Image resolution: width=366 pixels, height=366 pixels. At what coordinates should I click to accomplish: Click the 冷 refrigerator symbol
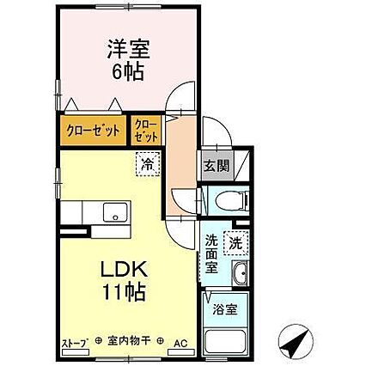[x=148, y=161]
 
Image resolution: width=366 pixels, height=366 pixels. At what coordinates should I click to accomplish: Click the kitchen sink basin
[x=110, y=212]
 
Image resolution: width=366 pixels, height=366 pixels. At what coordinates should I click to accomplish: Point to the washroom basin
[x=239, y=275]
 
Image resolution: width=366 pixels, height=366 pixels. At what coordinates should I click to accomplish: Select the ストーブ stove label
[x=73, y=343]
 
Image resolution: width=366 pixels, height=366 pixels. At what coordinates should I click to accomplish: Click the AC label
[x=181, y=342]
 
